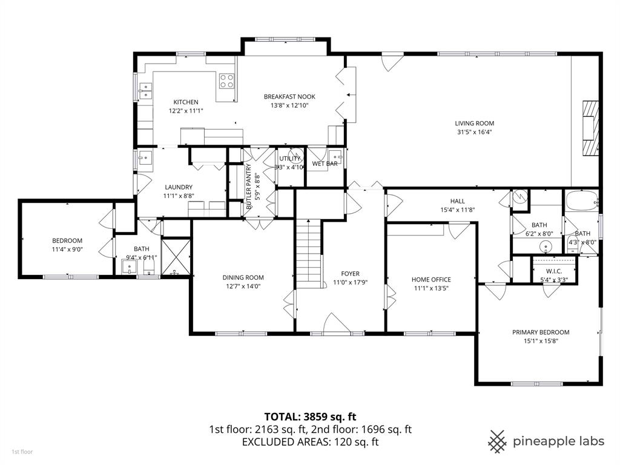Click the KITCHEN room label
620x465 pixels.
tap(186, 102)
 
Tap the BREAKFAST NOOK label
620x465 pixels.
tap(289, 96)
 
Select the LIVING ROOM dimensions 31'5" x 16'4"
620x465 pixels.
tap(474, 132)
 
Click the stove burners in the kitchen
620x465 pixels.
tap(227, 81)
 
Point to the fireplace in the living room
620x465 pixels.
tap(589, 129)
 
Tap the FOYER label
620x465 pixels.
tap(351, 273)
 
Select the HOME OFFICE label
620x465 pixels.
tap(431, 279)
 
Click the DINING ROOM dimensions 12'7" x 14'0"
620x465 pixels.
tap(242, 287)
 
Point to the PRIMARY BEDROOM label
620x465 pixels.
tap(541, 332)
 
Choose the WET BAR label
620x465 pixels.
tap(325, 163)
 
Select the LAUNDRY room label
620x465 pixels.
tap(178, 187)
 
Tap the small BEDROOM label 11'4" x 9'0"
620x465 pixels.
tap(67, 240)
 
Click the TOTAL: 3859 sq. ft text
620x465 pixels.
tap(310, 416)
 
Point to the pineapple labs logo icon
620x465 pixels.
tap(498, 441)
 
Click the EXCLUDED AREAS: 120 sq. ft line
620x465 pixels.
tap(310, 442)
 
